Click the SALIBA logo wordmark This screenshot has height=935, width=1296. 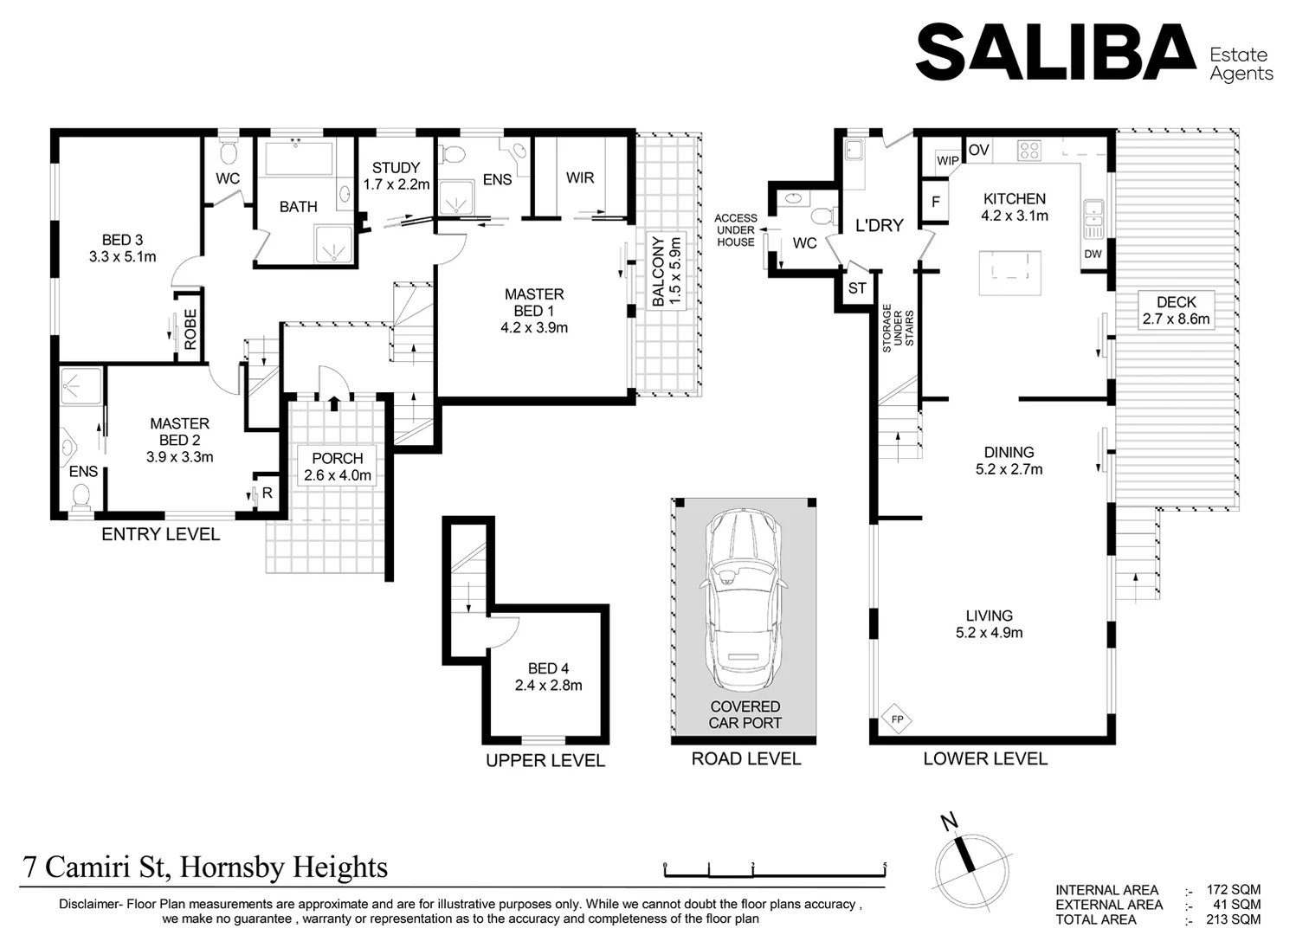(x=1055, y=54)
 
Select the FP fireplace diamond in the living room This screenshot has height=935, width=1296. (x=897, y=719)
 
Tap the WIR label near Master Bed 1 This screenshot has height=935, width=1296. (x=580, y=177)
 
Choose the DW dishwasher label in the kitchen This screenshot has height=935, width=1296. (x=1093, y=254)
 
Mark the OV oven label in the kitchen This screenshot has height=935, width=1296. (x=979, y=151)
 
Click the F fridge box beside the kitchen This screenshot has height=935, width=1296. (x=936, y=203)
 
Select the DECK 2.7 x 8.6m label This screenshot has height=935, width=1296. (x=1176, y=310)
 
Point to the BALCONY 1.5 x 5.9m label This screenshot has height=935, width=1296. (x=667, y=270)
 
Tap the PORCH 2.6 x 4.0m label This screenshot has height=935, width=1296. (x=338, y=467)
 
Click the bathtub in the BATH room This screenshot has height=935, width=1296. (x=299, y=159)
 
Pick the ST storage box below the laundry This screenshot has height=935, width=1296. (x=857, y=288)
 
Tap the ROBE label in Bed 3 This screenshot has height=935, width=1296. (x=190, y=329)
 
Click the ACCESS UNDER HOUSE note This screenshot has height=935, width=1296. (x=736, y=230)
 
